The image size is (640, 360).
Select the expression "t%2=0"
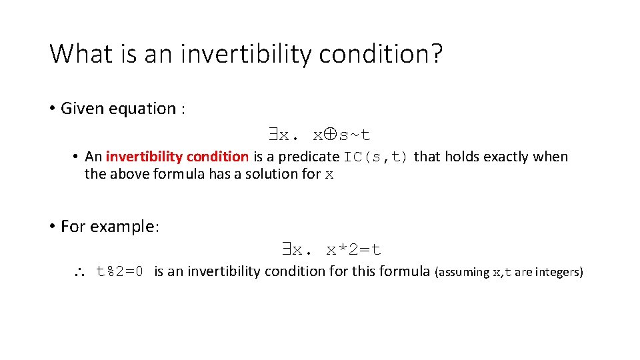click(x=120, y=271)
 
